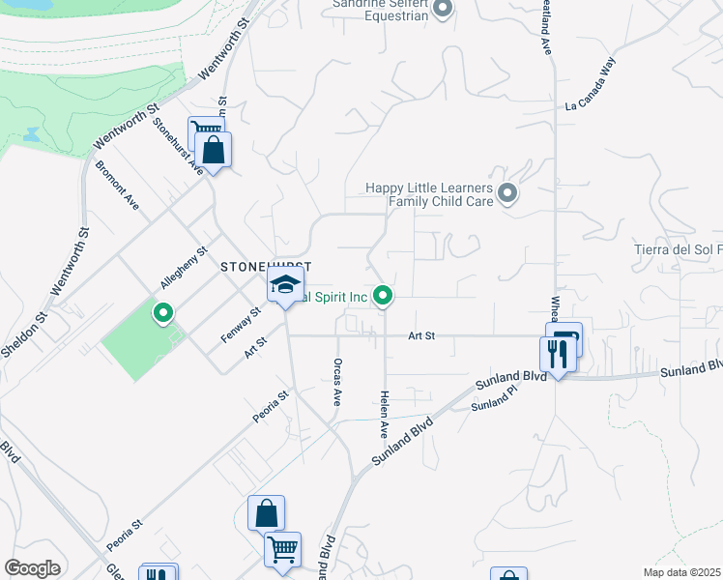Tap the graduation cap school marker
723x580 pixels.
(x=285, y=285)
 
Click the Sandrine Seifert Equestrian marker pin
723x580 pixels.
(x=443, y=10)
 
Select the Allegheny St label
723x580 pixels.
(x=185, y=269)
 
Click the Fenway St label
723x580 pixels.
(x=242, y=319)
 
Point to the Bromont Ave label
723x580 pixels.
(x=117, y=185)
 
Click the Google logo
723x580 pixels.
(x=32, y=568)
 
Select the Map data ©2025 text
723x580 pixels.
(x=680, y=572)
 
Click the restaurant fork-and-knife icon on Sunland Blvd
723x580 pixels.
(x=555, y=353)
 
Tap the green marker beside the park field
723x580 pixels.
(x=163, y=312)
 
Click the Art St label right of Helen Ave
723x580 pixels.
(x=421, y=335)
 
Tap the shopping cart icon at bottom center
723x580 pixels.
(x=282, y=550)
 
